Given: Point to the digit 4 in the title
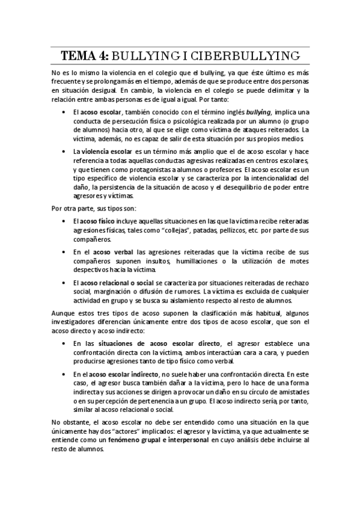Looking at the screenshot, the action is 103,57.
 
